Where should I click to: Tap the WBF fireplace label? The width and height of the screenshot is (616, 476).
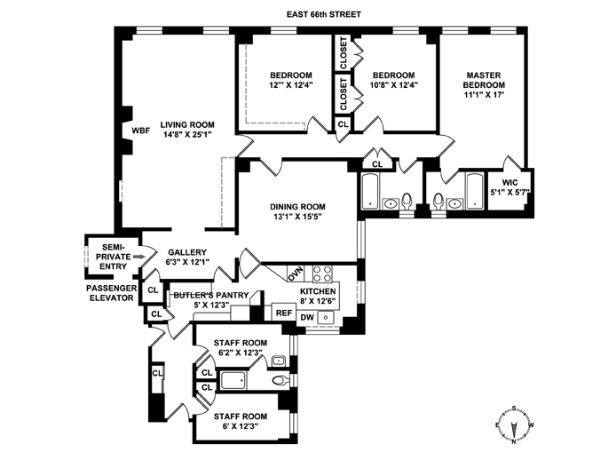(141, 130)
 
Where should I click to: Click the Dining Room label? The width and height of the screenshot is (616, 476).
(298, 208)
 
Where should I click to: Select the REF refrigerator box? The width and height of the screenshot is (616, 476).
(283, 313)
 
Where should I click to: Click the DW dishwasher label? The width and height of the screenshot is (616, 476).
(307, 317)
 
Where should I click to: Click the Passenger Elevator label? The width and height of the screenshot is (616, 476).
(109, 293)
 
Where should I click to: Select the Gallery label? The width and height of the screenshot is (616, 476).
(186, 251)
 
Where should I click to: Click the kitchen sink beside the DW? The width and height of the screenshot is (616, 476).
(326, 317)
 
